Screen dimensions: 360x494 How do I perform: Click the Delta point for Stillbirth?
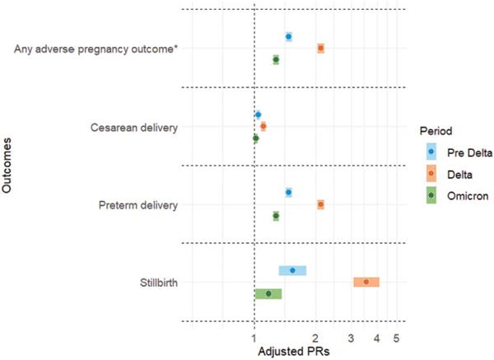click(366, 282)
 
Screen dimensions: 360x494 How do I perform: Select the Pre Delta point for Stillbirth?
click(292, 270)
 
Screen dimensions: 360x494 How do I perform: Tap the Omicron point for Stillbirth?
click(268, 293)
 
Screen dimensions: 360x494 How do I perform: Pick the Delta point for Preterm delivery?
click(320, 204)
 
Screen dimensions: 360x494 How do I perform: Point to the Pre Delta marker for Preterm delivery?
click(288, 192)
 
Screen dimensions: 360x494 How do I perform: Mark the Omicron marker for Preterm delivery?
click(276, 216)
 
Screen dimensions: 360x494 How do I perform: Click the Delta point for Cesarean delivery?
click(263, 127)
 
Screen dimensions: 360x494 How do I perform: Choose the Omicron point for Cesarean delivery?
click(255, 138)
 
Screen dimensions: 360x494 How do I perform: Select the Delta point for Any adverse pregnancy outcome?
click(320, 49)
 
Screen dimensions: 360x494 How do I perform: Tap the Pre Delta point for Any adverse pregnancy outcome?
click(288, 36)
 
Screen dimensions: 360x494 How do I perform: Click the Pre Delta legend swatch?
click(431, 152)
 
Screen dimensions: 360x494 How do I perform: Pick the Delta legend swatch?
click(431, 173)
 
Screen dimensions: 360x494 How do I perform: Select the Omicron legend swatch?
click(431, 195)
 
